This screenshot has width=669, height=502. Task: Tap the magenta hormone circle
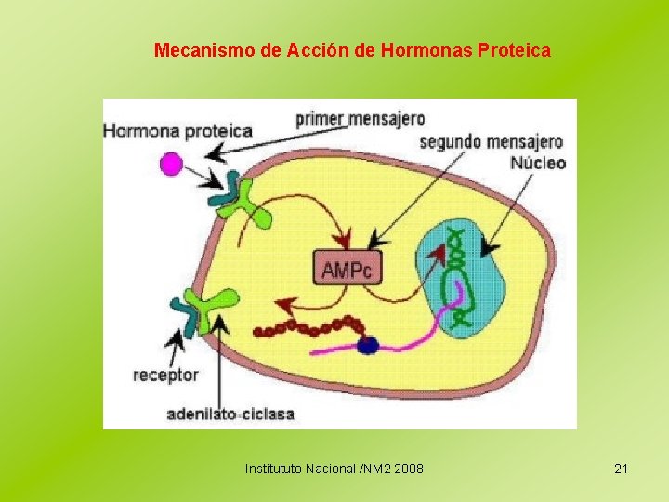pyautogui.click(x=172, y=165)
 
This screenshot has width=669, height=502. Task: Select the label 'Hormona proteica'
pyautogui.click(x=177, y=131)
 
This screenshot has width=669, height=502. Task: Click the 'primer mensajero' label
pyautogui.click(x=361, y=118)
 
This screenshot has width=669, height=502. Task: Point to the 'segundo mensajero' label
pyautogui.click(x=492, y=142)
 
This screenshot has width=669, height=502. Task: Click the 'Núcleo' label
pyautogui.click(x=538, y=163)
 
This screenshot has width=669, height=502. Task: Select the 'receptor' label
pyautogui.click(x=166, y=375)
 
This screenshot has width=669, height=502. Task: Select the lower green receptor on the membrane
pyautogui.click(x=216, y=308)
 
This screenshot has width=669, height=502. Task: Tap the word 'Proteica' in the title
pyautogui.click(x=514, y=49)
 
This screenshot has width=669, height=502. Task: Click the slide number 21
pyautogui.click(x=622, y=469)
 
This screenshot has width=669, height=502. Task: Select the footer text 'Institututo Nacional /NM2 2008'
pyautogui.click(x=334, y=469)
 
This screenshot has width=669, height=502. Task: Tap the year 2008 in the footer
pyautogui.click(x=408, y=469)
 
